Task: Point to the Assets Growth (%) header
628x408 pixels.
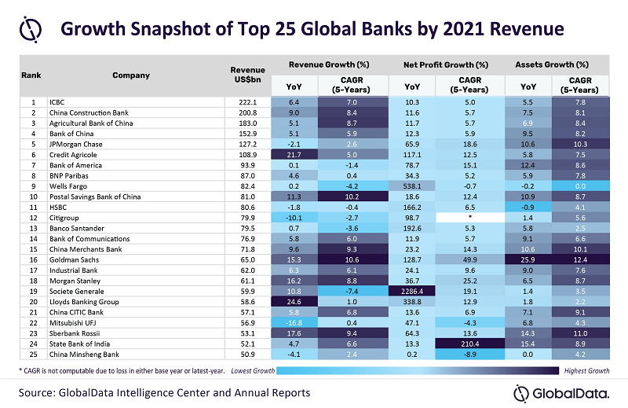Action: point(553,64)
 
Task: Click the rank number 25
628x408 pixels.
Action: point(34,354)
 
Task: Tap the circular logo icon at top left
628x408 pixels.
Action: point(31,30)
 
